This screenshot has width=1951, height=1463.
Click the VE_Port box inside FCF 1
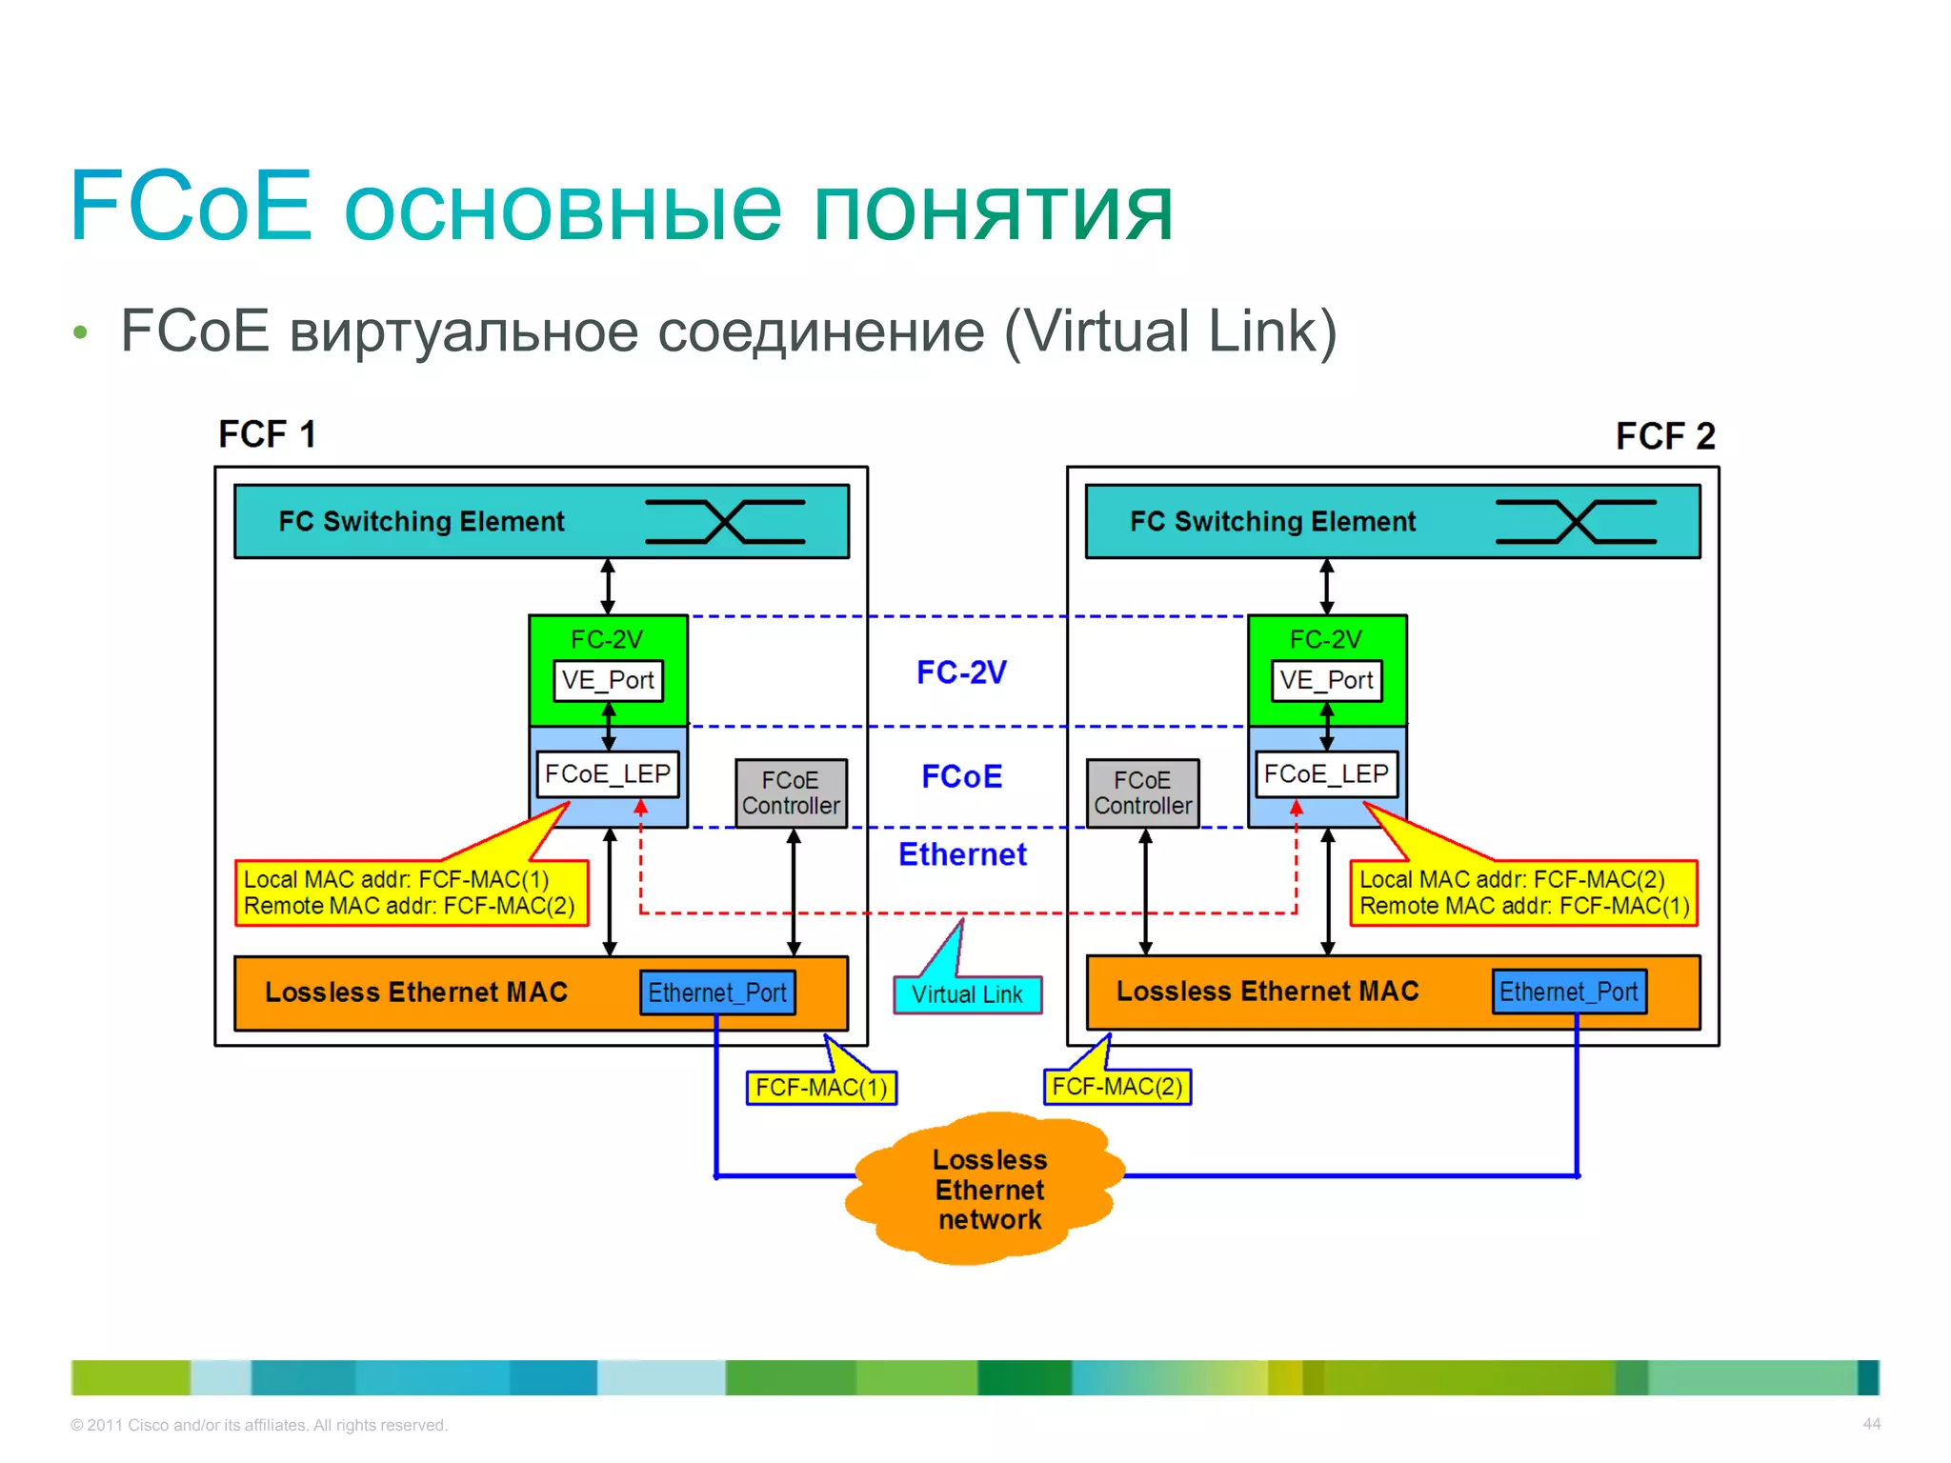pos(608,680)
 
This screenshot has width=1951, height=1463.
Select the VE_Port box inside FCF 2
pos(1327,680)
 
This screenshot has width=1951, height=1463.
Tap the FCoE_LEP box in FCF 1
pos(608,774)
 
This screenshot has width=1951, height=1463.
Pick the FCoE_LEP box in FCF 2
pos(1327,774)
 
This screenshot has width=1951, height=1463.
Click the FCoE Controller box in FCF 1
pos(791,792)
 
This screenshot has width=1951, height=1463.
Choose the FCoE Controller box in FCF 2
pos(1142,792)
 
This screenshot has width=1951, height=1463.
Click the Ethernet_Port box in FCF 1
pos(717,992)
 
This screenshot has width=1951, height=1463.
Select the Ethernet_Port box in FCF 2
pos(1569,992)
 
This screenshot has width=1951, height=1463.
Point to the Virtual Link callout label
pos(967,994)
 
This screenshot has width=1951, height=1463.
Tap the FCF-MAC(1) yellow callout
pos(821,1087)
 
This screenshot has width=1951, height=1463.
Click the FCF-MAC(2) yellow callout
pos(1117,1086)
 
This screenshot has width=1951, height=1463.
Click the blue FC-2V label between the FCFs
pos(961,672)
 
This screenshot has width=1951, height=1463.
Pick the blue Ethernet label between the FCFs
pos(962,854)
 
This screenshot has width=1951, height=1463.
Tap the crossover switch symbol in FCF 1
pos(725,522)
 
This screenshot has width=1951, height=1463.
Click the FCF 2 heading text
pos(1665,436)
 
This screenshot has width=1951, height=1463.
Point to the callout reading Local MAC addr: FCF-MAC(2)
pos(1523,892)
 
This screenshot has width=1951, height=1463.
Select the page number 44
pos(1871,1423)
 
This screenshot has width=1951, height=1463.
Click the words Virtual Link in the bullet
pos(1171,331)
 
